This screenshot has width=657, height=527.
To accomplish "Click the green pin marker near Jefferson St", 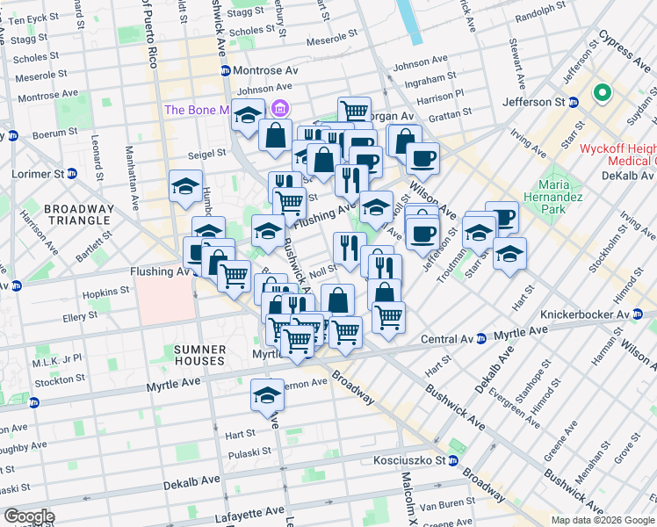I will (603, 91).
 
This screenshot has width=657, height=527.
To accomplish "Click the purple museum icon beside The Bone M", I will (279, 109).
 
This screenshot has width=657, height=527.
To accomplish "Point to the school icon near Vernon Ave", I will (267, 394).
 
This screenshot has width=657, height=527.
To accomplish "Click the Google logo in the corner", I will (28, 516).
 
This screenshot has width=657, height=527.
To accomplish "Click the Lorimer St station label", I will (37, 174).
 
